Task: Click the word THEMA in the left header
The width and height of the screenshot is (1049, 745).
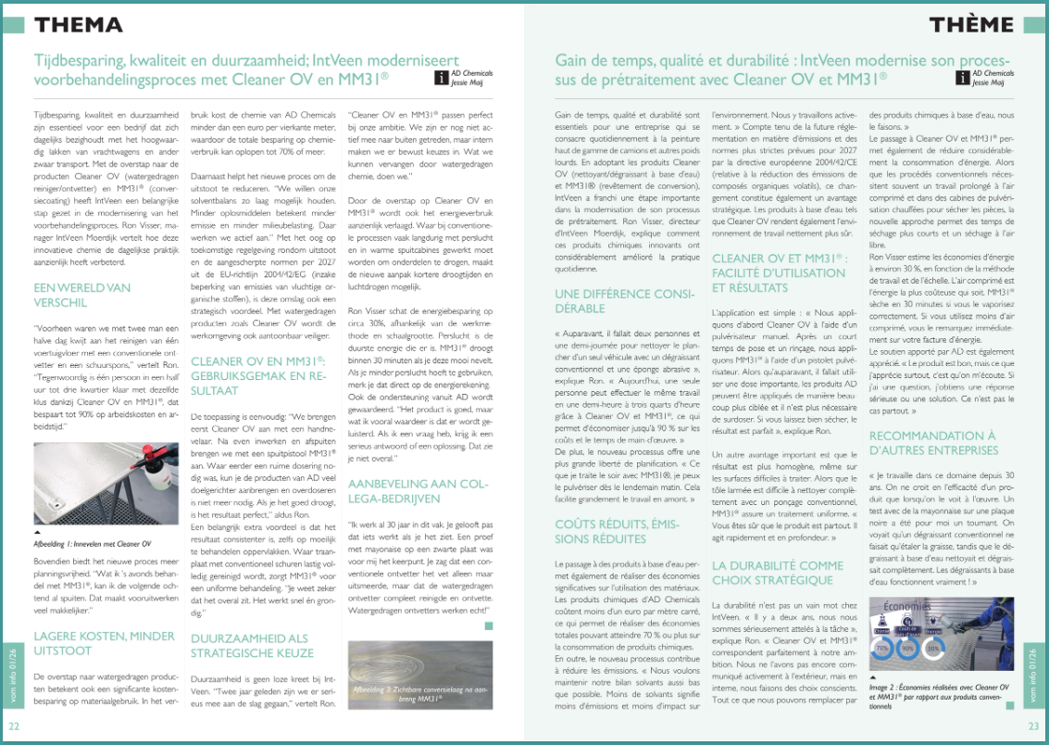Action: (78, 24)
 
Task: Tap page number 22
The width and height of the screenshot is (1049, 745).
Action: (15, 726)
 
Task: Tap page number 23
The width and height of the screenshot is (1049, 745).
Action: (1033, 726)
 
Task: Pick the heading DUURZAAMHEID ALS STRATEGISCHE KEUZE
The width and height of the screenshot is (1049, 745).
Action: (249, 645)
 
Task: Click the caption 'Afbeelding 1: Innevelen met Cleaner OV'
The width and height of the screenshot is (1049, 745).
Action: (93, 543)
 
